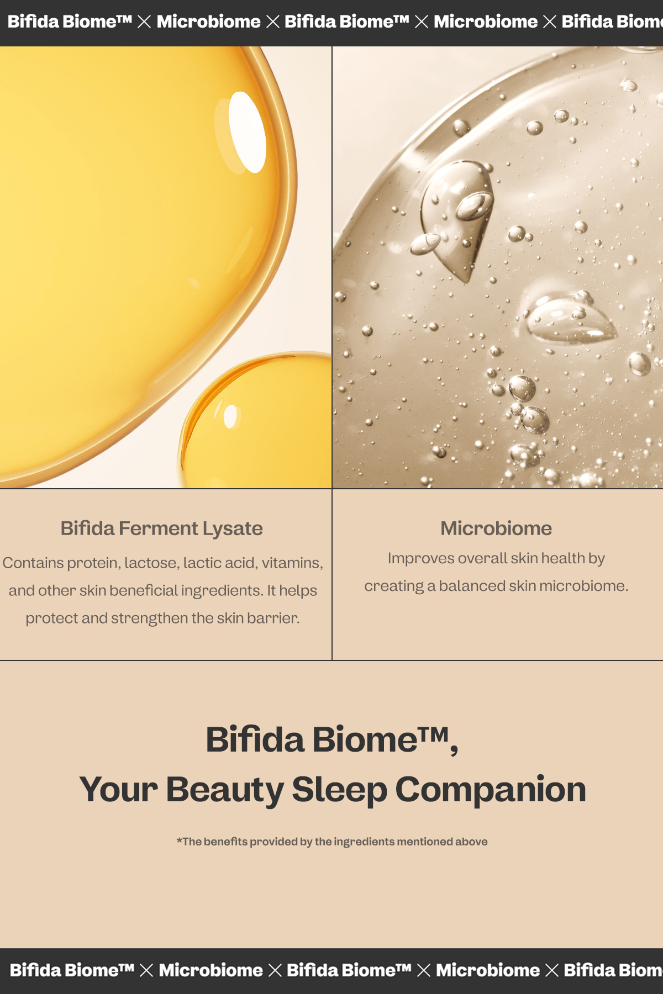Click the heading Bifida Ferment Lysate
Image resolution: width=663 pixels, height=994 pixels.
(x=161, y=528)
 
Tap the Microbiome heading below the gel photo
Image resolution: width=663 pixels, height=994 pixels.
(x=496, y=528)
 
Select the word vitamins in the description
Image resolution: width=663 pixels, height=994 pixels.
(x=292, y=563)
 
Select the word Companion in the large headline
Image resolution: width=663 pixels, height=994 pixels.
(x=491, y=790)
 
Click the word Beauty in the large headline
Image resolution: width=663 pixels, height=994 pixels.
(x=224, y=790)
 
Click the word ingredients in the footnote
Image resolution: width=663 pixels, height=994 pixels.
(x=364, y=842)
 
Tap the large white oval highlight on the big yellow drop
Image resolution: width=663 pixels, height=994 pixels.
(x=247, y=132)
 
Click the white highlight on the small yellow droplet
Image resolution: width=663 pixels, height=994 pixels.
(x=230, y=416)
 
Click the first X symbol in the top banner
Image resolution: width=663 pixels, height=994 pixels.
(x=144, y=22)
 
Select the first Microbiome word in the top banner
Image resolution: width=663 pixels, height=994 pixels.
(x=208, y=22)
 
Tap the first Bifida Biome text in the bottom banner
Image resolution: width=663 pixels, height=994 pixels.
(x=72, y=970)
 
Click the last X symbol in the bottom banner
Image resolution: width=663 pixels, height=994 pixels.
(x=551, y=970)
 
